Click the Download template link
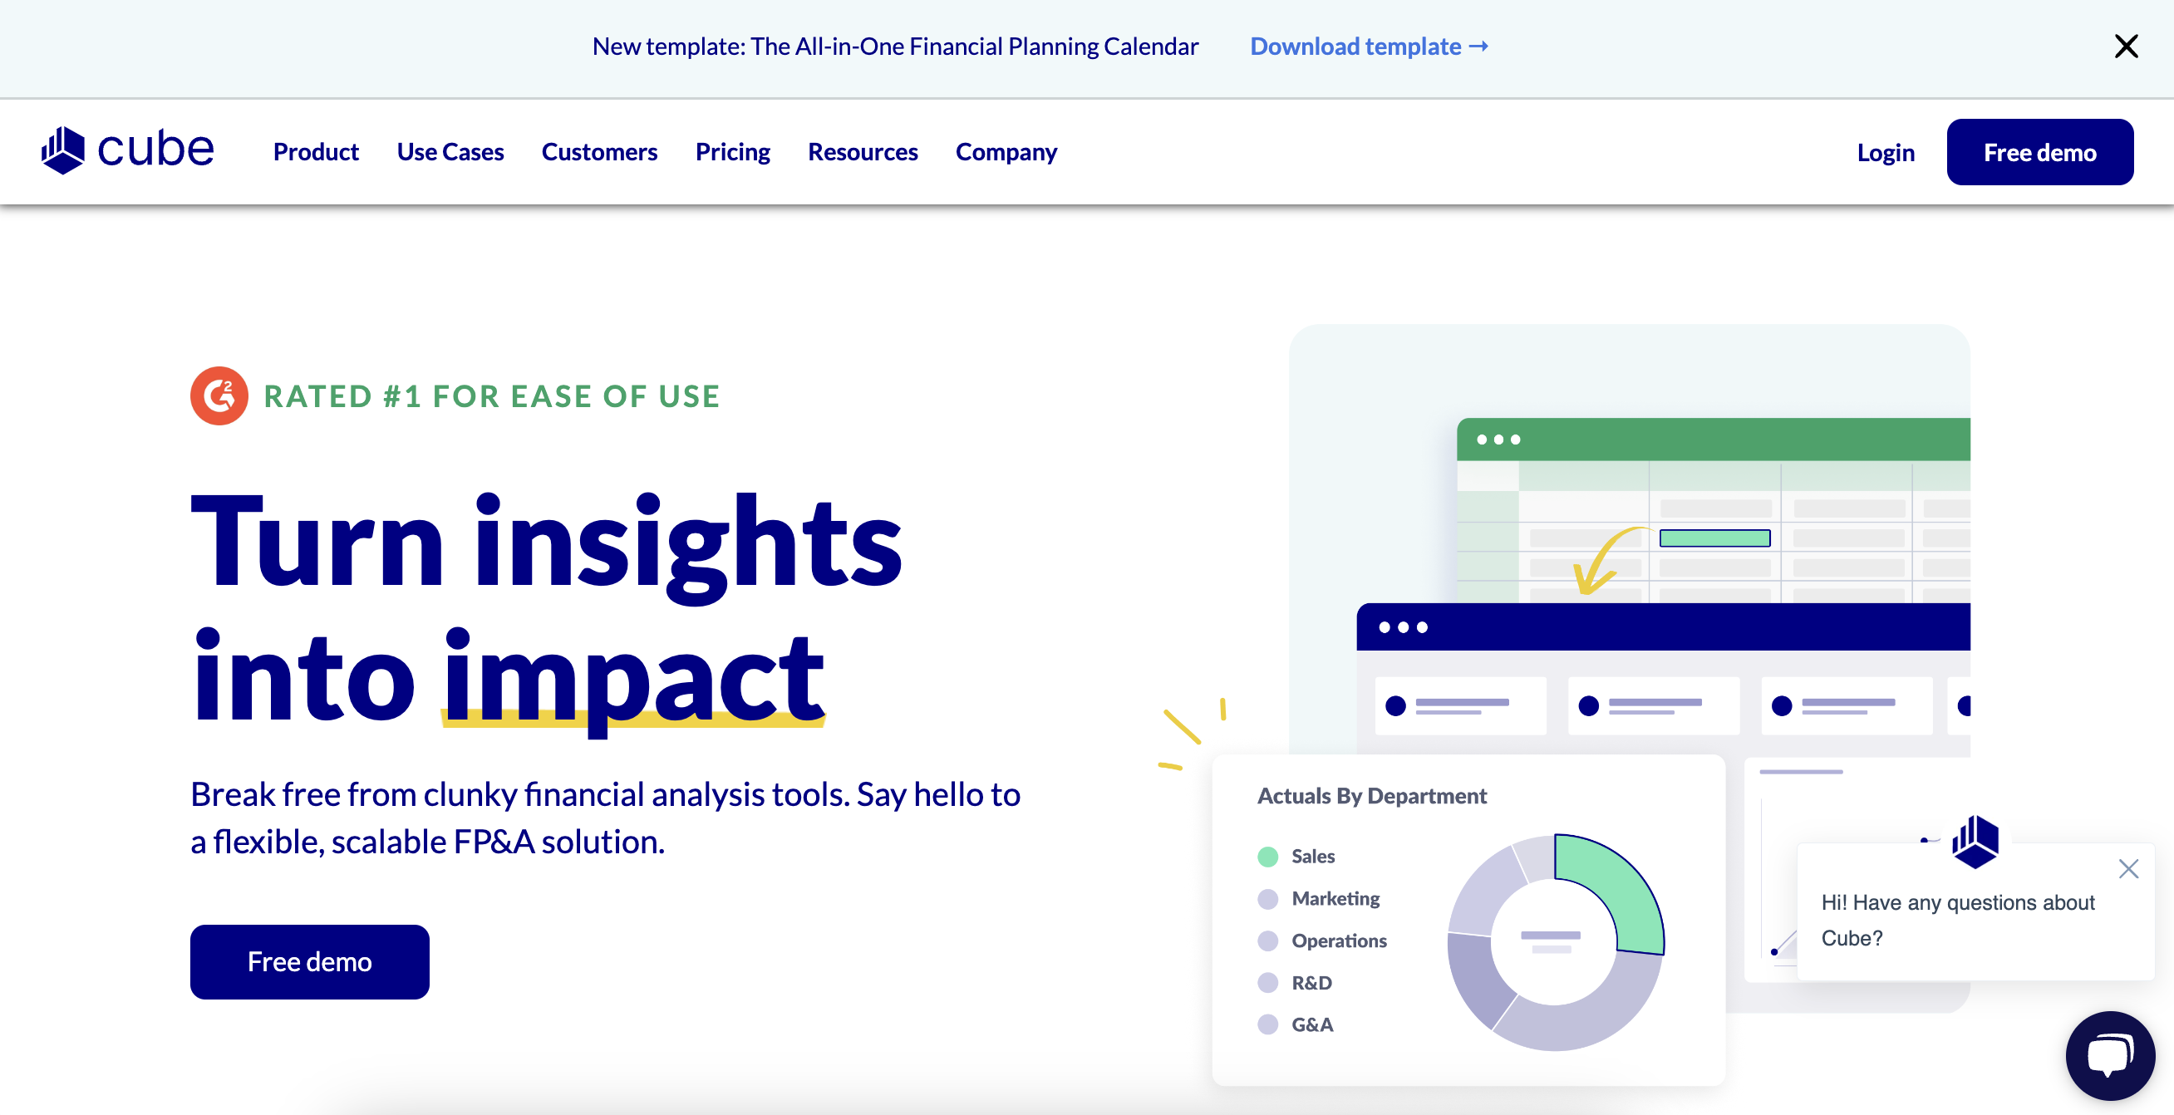tap(1368, 47)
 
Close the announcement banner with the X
tap(2126, 47)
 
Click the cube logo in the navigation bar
tap(127, 150)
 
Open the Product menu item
tap(316, 152)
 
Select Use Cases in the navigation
tap(450, 152)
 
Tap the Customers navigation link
tap(599, 152)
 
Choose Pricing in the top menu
tap(732, 152)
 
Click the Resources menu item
tap(863, 152)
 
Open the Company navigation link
tap(1006, 152)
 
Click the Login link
tap(1886, 153)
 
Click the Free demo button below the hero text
tap(310, 961)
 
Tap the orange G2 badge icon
tap(219, 395)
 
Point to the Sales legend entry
tap(1312, 857)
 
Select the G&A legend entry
tap(1311, 1024)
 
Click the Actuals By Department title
tap(1371, 796)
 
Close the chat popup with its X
tap(2128, 868)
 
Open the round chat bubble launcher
tap(2109, 1056)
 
